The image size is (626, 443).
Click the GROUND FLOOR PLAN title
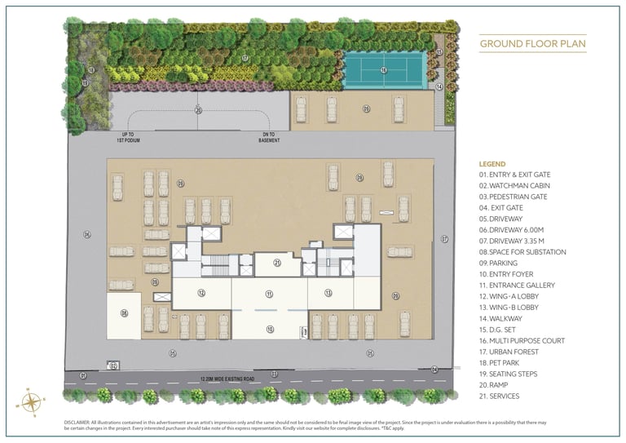532,43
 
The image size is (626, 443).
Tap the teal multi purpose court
383,70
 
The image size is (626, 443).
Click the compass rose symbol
31,401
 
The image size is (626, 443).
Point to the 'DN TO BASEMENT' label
269,137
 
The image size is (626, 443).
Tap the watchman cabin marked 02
114,365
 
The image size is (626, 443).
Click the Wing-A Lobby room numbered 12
201,292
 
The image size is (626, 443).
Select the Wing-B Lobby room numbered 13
328,292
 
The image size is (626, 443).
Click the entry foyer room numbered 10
269,328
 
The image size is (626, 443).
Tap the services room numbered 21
277,264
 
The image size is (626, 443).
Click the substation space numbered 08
124,312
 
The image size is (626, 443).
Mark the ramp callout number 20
198,109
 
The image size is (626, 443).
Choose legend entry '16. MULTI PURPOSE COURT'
522,340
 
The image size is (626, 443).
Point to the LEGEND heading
492,164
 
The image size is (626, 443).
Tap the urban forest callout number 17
245,59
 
